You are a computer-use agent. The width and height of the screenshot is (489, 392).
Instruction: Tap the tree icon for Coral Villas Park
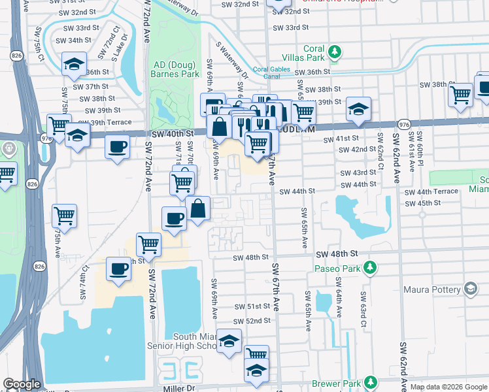(x=335, y=51)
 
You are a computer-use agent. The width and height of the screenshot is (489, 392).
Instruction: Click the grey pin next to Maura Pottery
(x=470, y=288)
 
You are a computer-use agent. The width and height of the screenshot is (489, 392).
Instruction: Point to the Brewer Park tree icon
(x=370, y=382)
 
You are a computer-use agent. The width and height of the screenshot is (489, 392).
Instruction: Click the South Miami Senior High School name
(x=195, y=342)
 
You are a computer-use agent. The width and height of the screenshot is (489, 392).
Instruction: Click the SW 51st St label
(x=253, y=306)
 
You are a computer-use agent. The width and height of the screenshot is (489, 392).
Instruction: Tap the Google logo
(x=22, y=384)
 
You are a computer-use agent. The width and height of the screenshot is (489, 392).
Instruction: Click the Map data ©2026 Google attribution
(x=448, y=387)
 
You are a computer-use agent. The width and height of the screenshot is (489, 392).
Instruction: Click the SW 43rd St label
(x=358, y=173)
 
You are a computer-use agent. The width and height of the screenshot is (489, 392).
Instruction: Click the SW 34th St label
(x=73, y=41)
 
